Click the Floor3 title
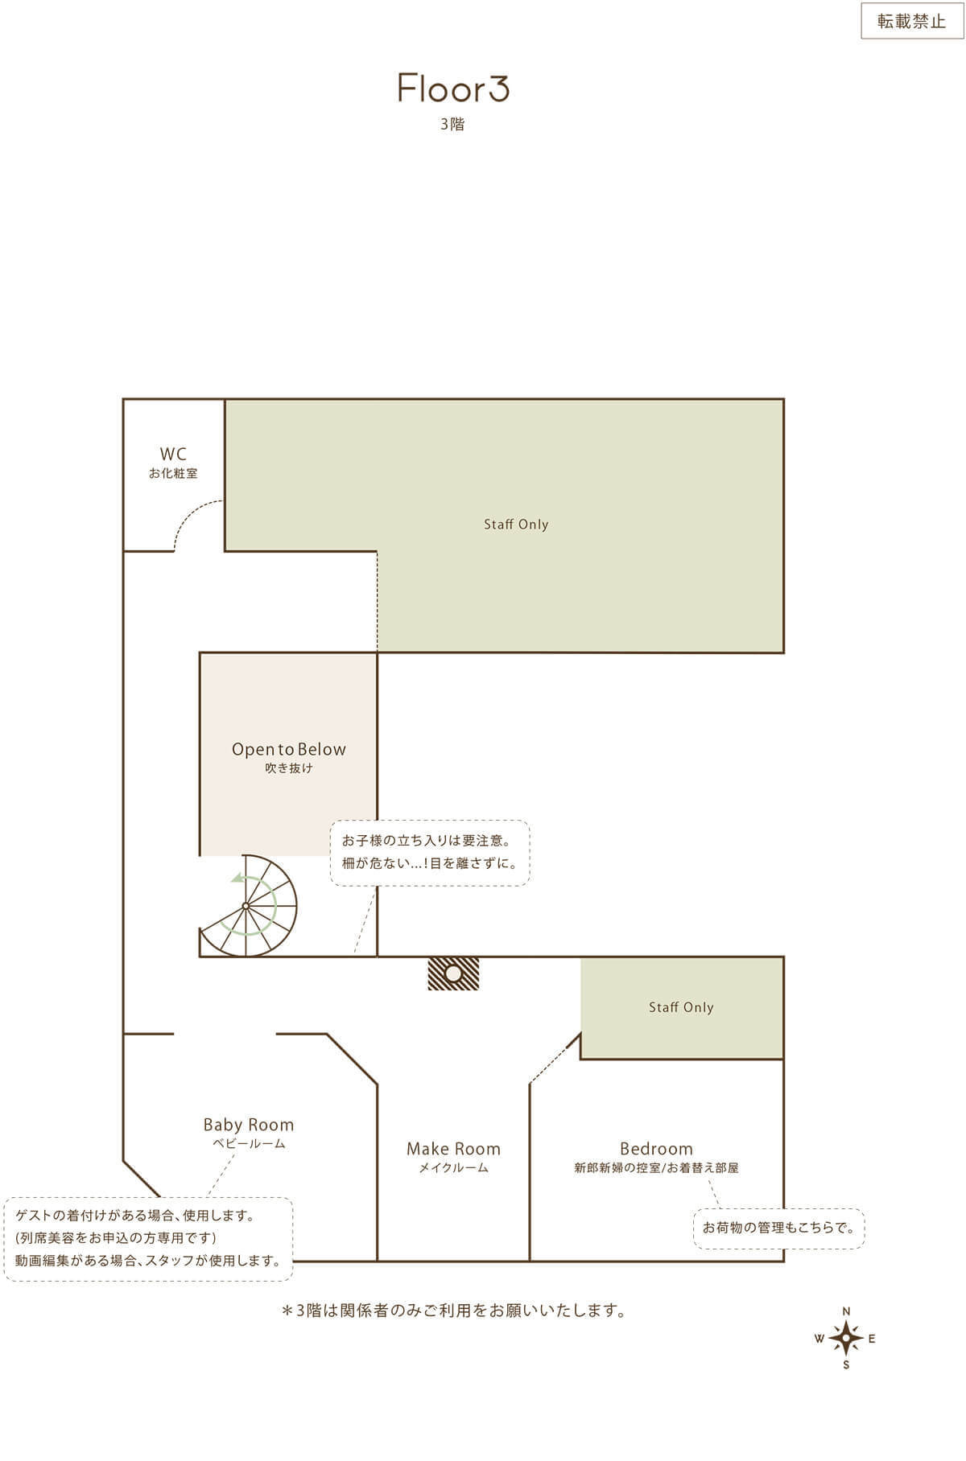coord(453,88)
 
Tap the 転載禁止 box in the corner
coord(911,21)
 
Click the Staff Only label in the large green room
coord(516,525)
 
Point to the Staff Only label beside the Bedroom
coord(681,1007)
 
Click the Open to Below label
coord(288,750)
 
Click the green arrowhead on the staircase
coord(237,879)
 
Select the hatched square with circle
coord(453,973)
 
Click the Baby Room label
coord(248,1125)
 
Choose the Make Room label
coord(453,1149)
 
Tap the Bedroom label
coord(656,1149)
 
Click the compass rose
coord(846,1338)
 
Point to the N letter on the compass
coord(846,1312)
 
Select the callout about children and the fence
coord(430,853)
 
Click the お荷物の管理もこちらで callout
coord(778,1228)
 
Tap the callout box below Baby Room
coord(148,1238)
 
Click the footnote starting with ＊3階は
coord(453,1311)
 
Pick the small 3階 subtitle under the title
coord(452,125)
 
